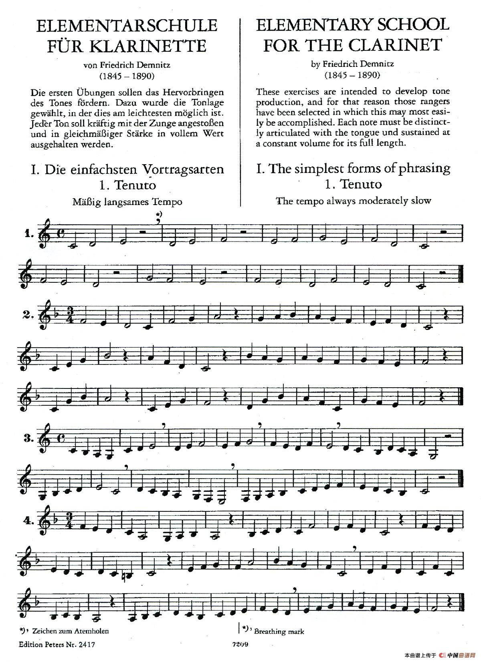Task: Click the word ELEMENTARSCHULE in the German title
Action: click(x=127, y=26)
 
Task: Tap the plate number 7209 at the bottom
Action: click(x=240, y=644)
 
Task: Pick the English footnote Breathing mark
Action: click(x=279, y=632)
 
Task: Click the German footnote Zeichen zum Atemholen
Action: click(x=71, y=631)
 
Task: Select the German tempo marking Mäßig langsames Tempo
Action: click(x=127, y=202)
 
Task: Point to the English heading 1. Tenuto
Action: click(x=353, y=184)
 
